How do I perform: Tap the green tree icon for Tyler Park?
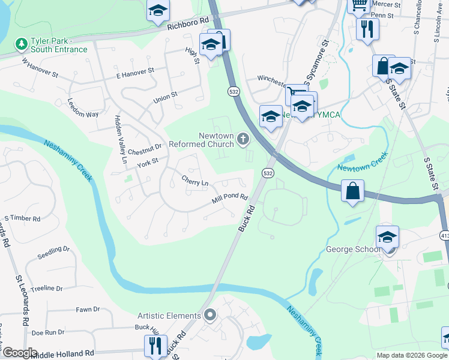pos(21,44)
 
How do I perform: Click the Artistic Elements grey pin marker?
pos(209,315)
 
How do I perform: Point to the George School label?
pos(353,249)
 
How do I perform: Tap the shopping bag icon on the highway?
pos(352,191)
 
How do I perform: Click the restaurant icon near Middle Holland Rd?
pos(155,345)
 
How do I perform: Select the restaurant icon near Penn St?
pos(367,28)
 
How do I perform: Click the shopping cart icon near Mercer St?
pos(359,5)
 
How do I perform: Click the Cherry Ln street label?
pos(196,181)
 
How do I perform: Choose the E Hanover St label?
pos(135,73)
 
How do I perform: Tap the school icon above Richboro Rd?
pos(158,10)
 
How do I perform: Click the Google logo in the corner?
pos(20,353)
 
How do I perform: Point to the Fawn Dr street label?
pos(88,310)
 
